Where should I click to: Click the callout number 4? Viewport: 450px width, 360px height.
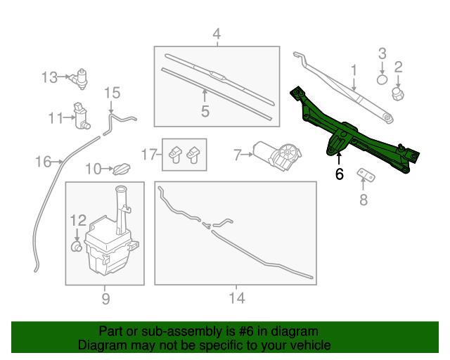217,33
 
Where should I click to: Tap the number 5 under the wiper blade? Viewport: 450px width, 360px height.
205,111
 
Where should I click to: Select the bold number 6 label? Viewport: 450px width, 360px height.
340,174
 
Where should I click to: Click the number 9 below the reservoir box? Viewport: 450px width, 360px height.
105,299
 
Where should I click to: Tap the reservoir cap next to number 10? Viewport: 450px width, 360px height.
122,169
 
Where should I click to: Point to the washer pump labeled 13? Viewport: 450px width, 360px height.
83,77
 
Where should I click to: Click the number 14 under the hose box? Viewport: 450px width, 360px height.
236,299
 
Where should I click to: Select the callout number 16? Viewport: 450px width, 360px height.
44,162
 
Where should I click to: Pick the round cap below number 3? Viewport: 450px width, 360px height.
382,79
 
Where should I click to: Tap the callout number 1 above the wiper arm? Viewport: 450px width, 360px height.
354,70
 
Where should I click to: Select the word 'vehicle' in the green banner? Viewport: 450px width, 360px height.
308,345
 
